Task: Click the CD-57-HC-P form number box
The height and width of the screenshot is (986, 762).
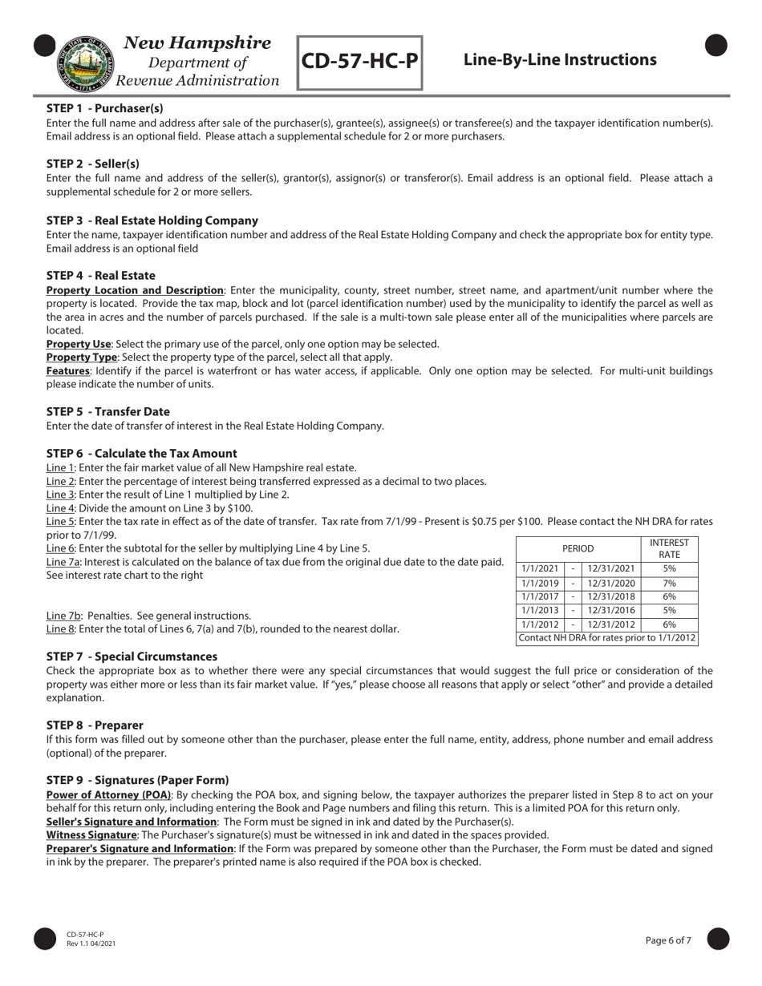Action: [x=360, y=62]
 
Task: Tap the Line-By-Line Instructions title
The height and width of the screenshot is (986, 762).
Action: [x=560, y=60]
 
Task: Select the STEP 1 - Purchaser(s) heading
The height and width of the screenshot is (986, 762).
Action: [x=105, y=108]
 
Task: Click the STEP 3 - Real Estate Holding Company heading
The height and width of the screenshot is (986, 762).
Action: [x=152, y=220]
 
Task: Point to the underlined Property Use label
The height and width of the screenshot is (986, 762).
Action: [x=79, y=344]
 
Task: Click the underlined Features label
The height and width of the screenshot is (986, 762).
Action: [x=68, y=371]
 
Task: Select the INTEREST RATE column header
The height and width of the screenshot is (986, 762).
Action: [x=669, y=549]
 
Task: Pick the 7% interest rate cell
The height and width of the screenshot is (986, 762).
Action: [x=669, y=584]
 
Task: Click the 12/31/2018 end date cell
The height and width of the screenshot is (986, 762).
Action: [x=610, y=597]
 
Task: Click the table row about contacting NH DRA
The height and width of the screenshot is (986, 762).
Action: [x=607, y=639]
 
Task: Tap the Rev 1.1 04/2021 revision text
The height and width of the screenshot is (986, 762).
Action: [x=91, y=944]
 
